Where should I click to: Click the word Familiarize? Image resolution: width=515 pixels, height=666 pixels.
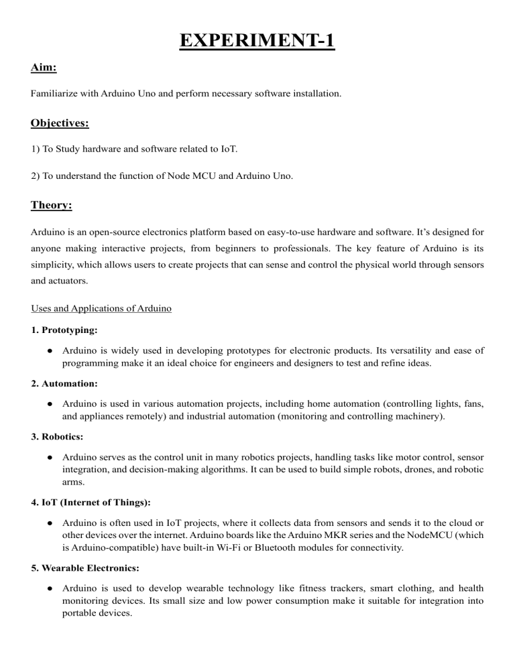54,95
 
